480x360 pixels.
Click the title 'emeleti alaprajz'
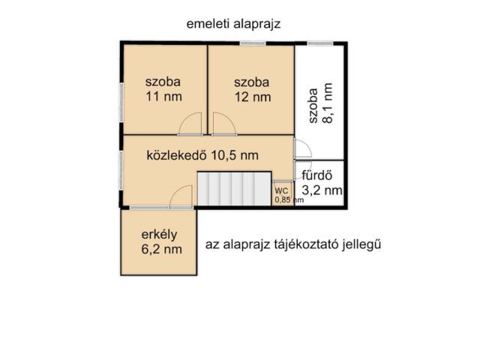tap(233, 23)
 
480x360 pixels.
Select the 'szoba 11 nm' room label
tap(163, 89)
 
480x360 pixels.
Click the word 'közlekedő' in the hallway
tap(176, 155)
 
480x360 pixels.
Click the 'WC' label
tap(280, 191)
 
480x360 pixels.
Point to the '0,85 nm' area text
tap(289, 200)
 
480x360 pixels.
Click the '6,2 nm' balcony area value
tap(163, 248)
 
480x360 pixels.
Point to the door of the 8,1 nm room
tap(298, 148)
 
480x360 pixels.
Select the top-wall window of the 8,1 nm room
tap(320, 41)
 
